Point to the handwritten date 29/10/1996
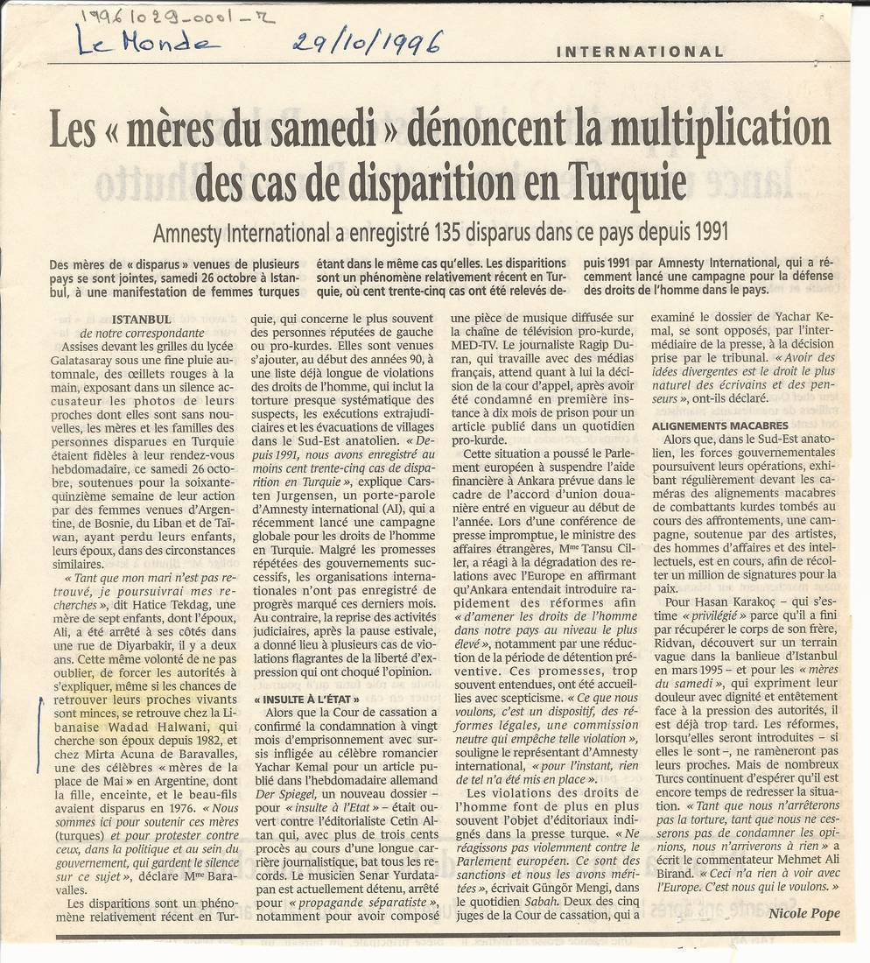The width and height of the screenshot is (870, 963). (368, 40)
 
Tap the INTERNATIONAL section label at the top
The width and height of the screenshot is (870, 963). (640, 52)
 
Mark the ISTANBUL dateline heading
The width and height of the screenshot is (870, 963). (142, 320)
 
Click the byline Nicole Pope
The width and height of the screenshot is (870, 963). (804, 913)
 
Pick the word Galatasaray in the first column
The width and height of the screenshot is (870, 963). (109, 361)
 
